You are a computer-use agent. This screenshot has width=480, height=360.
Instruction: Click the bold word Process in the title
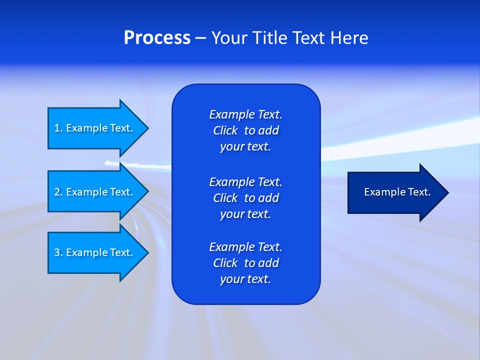coord(157,38)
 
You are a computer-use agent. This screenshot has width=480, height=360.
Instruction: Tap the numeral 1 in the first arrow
coord(57,128)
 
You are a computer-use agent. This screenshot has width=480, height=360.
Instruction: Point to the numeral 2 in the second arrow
coord(57,192)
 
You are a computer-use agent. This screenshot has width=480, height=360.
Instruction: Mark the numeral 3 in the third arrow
coord(57,252)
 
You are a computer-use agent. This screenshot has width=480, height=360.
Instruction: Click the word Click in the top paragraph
coord(225,130)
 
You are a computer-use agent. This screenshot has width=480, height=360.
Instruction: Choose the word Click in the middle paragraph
coord(225,198)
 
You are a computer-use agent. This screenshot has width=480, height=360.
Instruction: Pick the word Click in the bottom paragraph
coord(225,263)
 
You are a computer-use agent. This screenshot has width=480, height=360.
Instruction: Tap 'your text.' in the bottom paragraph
coord(245,279)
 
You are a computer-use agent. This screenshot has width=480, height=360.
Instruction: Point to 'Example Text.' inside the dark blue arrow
coord(397,192)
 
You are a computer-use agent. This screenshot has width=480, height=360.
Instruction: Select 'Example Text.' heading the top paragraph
coord(245,114)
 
